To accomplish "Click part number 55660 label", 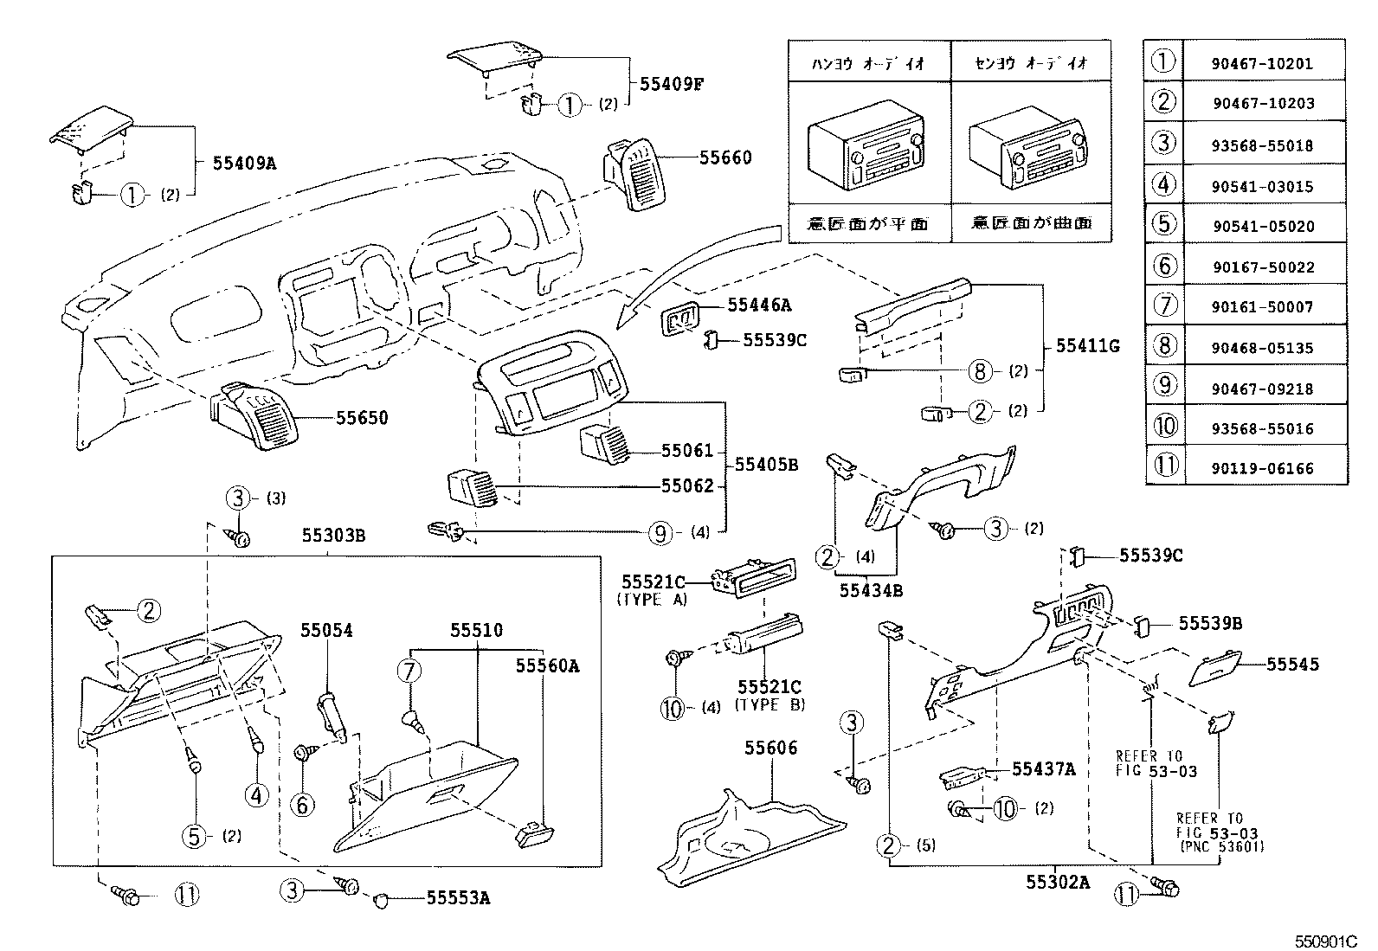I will [x=724, y=157].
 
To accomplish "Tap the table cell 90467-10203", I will [x=1263, y=104].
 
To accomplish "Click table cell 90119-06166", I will [x=1263, y=469].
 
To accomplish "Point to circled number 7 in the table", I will [x=1165, y=307].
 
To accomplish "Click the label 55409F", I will [x=672, y=84].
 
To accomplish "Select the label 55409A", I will [x=244, y=162].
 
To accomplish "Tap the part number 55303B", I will [x=333, y=537].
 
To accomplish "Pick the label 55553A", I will [x=458, y=898].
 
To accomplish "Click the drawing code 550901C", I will [x=1329, y=941].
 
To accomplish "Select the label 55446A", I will [x=759, y=305].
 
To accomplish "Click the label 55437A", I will [x=1043, y=768].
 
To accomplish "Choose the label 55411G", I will [x=1087, y=346].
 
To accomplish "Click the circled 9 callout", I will [x=660, y=533].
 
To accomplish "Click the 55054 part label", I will [x=326, y=631].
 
